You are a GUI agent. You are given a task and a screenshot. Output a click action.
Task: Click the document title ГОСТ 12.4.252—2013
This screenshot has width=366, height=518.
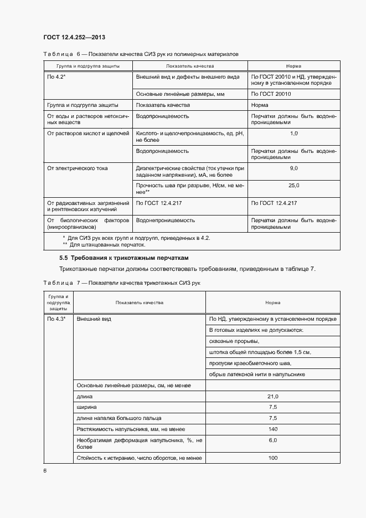tap(74, 37)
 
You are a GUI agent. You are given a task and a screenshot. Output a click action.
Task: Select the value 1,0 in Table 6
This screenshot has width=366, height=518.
tap(293, 134)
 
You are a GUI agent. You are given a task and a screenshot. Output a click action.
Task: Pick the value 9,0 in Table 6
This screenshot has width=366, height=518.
tap(293, 168)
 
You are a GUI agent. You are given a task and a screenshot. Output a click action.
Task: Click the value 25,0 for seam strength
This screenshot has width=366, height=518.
tap(293, 186)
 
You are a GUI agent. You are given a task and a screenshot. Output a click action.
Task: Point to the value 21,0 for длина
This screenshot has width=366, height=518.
tap(272, 397)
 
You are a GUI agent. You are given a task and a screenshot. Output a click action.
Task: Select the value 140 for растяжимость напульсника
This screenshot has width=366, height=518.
tap(272, 429)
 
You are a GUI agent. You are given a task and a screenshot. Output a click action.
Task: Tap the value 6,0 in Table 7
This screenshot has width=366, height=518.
tap(272, 440)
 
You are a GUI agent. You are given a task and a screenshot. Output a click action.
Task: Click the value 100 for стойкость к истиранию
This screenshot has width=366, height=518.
tap(272, 458)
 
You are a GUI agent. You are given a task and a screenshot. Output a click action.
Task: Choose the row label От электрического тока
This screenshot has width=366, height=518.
tap(78, 168)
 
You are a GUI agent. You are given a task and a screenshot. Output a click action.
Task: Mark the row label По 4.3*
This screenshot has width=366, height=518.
tap(56, 319)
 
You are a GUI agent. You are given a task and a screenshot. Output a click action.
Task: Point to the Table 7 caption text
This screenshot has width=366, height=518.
tap(122, 283)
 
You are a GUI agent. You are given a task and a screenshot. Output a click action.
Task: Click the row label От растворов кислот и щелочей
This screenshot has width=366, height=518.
tap(87, 134)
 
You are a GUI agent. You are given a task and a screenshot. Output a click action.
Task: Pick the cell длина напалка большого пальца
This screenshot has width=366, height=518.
tap(119, 418)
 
